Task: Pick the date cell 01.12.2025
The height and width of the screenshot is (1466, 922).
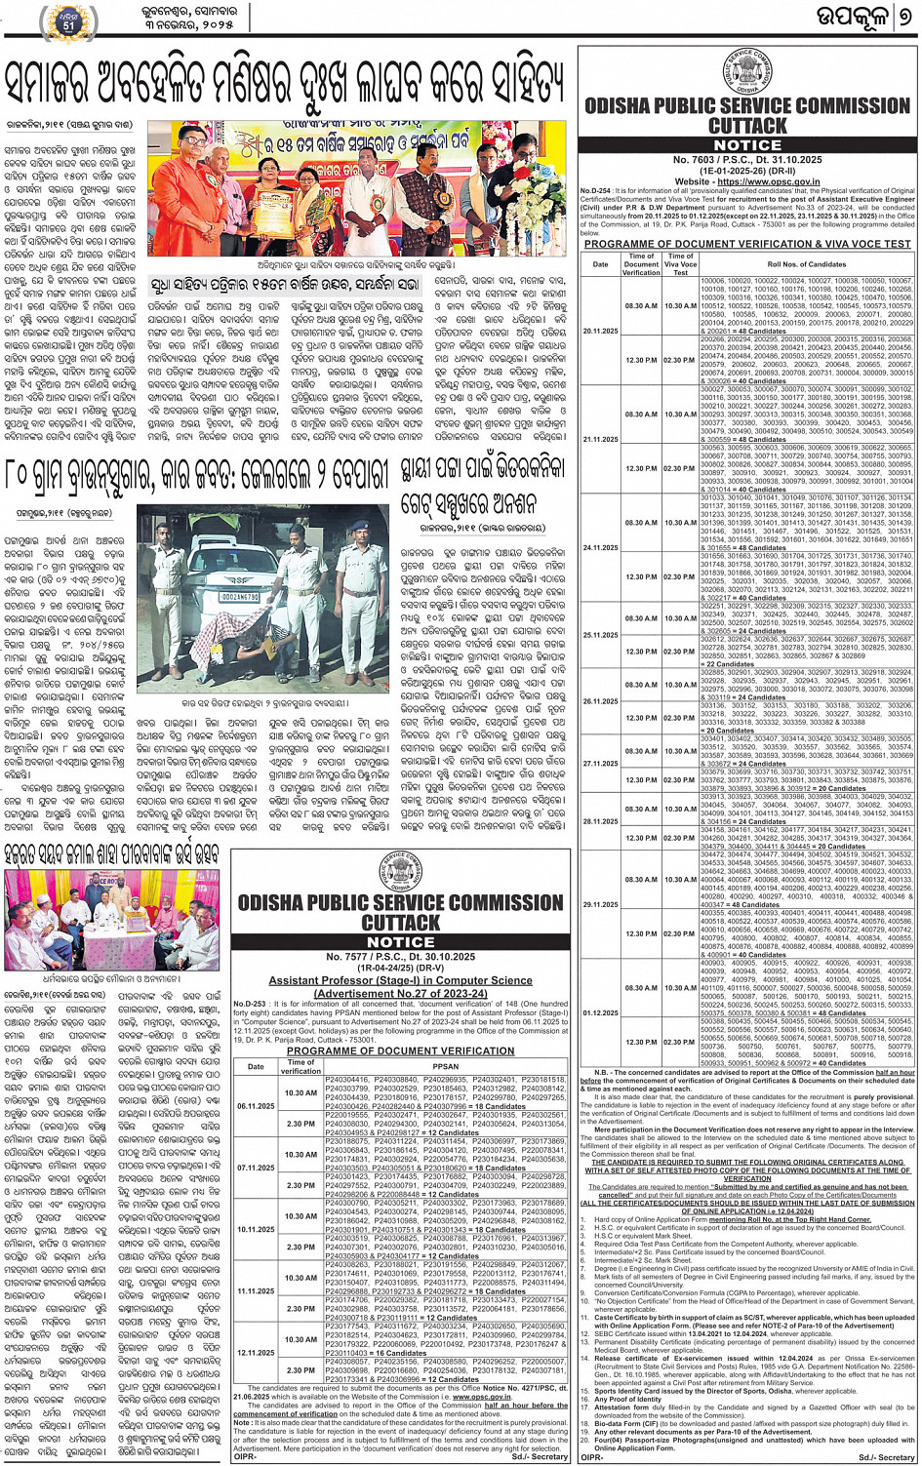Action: (x=600, y=1012)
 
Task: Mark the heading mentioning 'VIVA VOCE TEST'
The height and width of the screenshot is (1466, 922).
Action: (x=747, y=244)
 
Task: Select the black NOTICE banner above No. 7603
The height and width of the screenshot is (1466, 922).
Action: (x=747, y=144)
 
